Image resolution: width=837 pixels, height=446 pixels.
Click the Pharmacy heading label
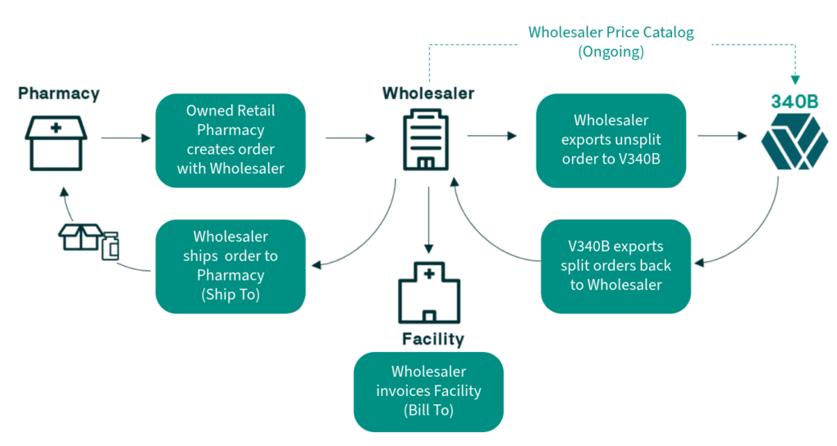pyautogui.click(x=59, y=93)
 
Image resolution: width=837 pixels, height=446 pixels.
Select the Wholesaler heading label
pyautogui.click(x=427, y=93)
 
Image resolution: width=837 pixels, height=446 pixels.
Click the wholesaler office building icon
pyautogui.click(x=427, y=142)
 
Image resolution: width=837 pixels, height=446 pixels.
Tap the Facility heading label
pyautogui.click(x=432, y=339)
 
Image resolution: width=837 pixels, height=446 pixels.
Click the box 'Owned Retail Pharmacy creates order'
pyautogui.click(x=231, y=140)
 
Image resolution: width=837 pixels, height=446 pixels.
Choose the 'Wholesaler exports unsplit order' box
pyautogui.click(x=611, y=140)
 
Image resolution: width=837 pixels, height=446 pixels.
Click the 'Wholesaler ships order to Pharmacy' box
pyautogui.click(x=231, y=266)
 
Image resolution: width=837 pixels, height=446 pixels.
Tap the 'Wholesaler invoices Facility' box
pyautogui.click(x=428, y=391)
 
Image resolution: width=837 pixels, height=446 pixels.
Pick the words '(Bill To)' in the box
pyautogui.click(x=428, y=411)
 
